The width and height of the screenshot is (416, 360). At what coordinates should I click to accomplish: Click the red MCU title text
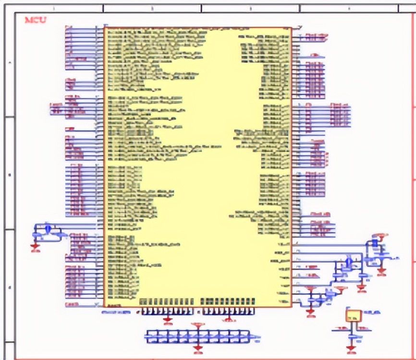[36, 20]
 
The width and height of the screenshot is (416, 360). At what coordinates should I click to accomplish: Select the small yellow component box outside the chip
[354, 315]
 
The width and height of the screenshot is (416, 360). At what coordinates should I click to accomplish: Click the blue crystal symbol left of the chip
[48, 228]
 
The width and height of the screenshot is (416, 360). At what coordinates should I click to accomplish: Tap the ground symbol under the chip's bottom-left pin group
[168, 319]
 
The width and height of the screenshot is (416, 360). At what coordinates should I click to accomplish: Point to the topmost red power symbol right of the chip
[381, 235]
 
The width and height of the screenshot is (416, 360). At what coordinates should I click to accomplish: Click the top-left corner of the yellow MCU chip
[105, 27]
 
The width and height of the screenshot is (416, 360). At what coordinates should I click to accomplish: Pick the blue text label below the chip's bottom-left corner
[116, 312]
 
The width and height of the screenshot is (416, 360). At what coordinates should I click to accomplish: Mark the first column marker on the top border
[53, 8]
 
